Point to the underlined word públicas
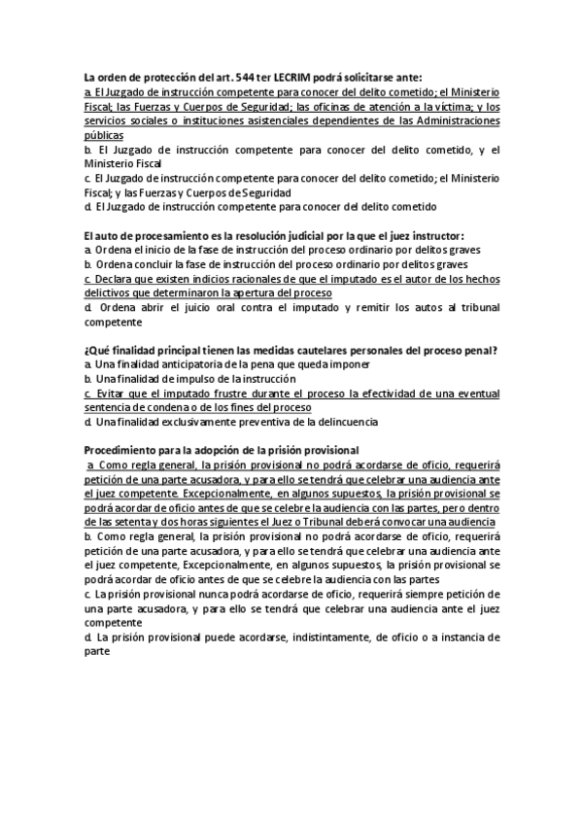tap(104, 136)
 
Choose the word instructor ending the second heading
tap(435, 235)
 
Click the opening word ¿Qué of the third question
tap(97, 350)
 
